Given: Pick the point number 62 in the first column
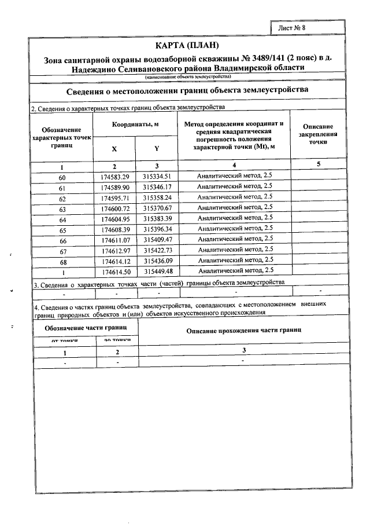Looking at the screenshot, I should pos(62,198).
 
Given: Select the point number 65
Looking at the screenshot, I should pos(62,229).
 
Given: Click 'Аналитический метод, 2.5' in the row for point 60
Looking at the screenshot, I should pos(235,176).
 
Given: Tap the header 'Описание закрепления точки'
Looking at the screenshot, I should pos(317,134).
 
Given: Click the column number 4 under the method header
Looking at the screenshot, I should pos(234,166).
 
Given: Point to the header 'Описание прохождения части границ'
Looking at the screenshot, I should pos(243,329).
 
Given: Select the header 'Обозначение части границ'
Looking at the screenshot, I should pos(86,327).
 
